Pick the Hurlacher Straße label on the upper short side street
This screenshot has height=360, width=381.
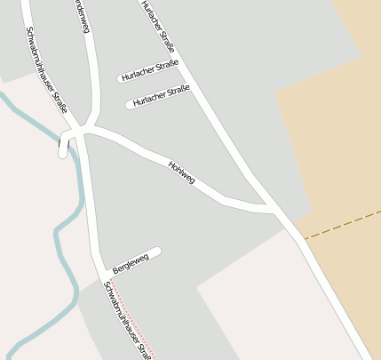point(150,70)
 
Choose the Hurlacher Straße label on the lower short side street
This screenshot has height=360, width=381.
point(162,96)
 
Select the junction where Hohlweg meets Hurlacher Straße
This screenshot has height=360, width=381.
point(273,211)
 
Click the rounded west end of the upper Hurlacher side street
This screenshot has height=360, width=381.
point(121,79)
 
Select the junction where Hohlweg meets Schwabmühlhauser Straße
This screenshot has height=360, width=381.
point(82,131)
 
